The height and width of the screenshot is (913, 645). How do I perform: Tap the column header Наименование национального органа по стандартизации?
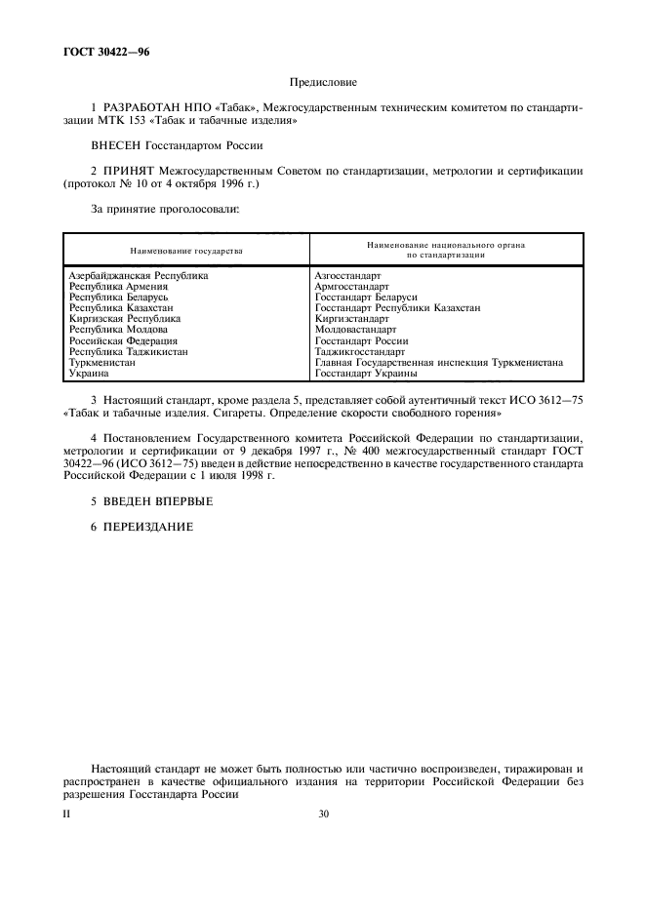coord(446,250)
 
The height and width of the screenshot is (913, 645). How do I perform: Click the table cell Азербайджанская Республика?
coord(139,276)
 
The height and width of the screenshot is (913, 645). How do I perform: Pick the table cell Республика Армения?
coord(119,287)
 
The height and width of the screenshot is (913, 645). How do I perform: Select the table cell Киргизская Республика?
coord(125,319)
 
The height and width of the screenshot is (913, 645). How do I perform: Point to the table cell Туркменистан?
coord(103,362)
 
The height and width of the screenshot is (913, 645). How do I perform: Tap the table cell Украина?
coord(90,373)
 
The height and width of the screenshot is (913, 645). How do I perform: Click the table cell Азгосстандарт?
coord(348,276)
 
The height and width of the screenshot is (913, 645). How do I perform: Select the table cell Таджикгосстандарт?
coord(360,351)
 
